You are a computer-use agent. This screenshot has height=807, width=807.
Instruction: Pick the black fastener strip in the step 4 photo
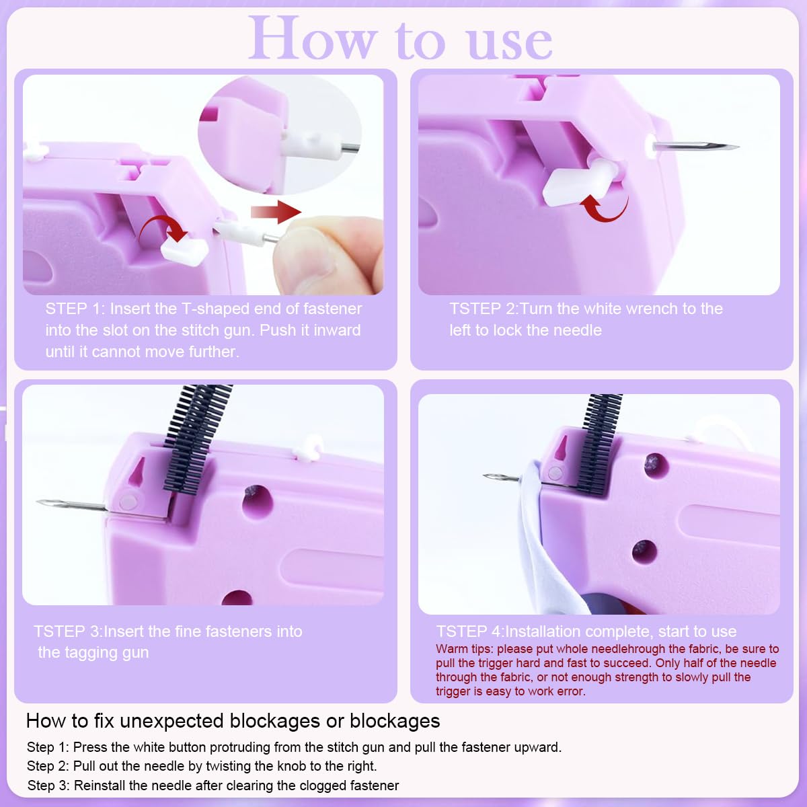point(599,437)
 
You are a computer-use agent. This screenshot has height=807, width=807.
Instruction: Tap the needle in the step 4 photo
point(501,478)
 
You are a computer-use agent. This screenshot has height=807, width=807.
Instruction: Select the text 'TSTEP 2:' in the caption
point(483,309)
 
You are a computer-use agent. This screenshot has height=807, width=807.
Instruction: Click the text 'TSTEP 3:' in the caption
point(67,631)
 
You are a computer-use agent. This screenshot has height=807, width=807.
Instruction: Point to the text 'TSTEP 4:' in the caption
point(469,631)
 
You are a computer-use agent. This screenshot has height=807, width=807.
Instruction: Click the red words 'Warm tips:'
point(464,649)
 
